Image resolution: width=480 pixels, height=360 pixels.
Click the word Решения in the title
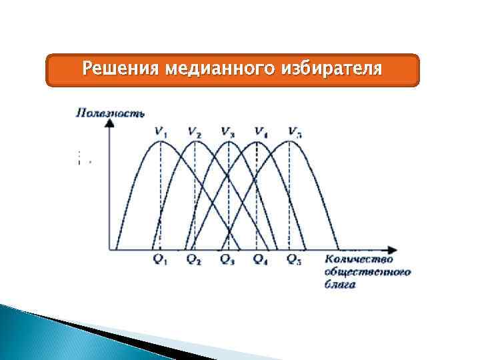coord(120,69)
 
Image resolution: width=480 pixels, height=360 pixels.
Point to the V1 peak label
coord(161,131)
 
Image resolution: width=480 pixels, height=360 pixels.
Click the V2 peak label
coord(195,131)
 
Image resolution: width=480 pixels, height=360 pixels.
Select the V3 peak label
coord(227,131)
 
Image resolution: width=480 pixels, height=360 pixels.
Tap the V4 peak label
coord(259,131)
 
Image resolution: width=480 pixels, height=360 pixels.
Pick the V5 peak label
coord(294,131)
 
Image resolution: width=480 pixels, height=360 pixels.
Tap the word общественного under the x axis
coord(367,271)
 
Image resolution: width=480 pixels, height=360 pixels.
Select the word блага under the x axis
coord(341,284)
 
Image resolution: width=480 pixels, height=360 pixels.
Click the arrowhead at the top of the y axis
coord(109,125)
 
